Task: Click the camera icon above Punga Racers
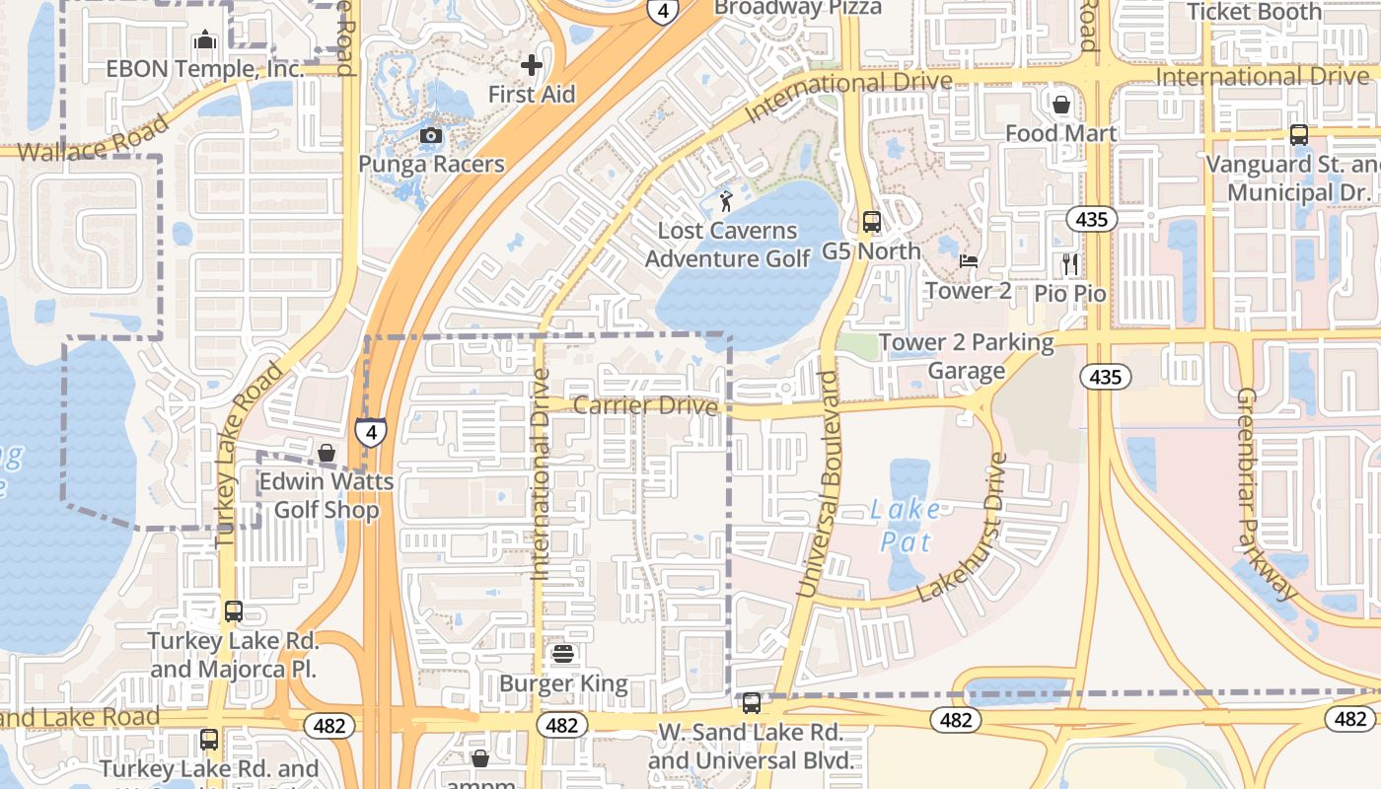click(431, 135)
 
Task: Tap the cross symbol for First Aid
click(532, 66)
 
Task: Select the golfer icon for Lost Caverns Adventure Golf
click(726, 201)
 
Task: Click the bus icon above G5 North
click(871, 222)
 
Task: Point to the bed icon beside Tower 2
click(969, 261)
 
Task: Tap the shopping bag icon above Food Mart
click(1061, 104)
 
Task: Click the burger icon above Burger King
click(563, 654)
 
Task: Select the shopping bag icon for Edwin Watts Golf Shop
click(327, 453)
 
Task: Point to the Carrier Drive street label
click(645, 405)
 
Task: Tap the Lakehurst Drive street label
click(962, 529)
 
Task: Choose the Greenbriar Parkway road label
click(1267, 493)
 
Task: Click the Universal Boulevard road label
click(819, 483)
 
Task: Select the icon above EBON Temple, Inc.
click(204, 39)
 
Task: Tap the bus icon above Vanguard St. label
click(1298, 135)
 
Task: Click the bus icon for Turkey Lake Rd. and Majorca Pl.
click(233, 611)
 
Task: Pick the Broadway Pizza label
click(797, 8)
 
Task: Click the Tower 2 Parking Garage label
click(966, 356)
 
